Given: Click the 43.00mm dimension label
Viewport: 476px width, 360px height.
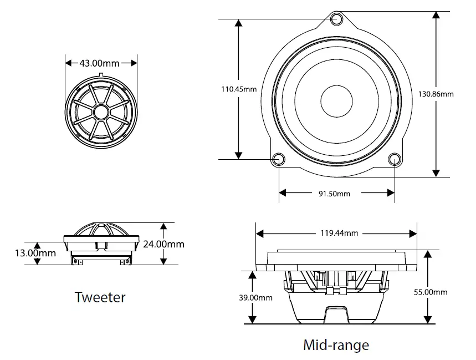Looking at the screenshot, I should tap(99, 63).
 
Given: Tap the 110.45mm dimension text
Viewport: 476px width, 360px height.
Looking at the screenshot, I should tap(239, 89).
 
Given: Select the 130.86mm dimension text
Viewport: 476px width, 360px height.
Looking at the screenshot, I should tap(436, 94).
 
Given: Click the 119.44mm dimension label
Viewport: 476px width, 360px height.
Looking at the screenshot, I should tap(339, 233).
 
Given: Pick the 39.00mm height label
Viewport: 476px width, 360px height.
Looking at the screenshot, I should tap(254, 297).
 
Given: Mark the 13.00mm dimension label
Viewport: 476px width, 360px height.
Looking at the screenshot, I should tap(35, 253).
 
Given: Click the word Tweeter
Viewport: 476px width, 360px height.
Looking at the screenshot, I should tap(100, 297).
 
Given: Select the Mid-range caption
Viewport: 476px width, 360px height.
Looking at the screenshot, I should tap(336, 345).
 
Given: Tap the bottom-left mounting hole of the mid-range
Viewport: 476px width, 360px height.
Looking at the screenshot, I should tap(278, 160).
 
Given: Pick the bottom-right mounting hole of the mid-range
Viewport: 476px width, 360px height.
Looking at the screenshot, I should tap(395, 160).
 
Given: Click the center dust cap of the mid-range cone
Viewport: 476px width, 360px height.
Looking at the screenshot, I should tap(336, 101).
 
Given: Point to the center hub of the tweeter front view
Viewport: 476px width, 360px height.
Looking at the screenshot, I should tap(101, 111).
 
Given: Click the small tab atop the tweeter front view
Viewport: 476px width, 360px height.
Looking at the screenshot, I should tap(101, 75).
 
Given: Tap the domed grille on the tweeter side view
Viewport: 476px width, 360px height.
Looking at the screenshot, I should tap(101, 229).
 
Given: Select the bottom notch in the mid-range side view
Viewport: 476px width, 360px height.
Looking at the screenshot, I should tap(336, 313).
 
